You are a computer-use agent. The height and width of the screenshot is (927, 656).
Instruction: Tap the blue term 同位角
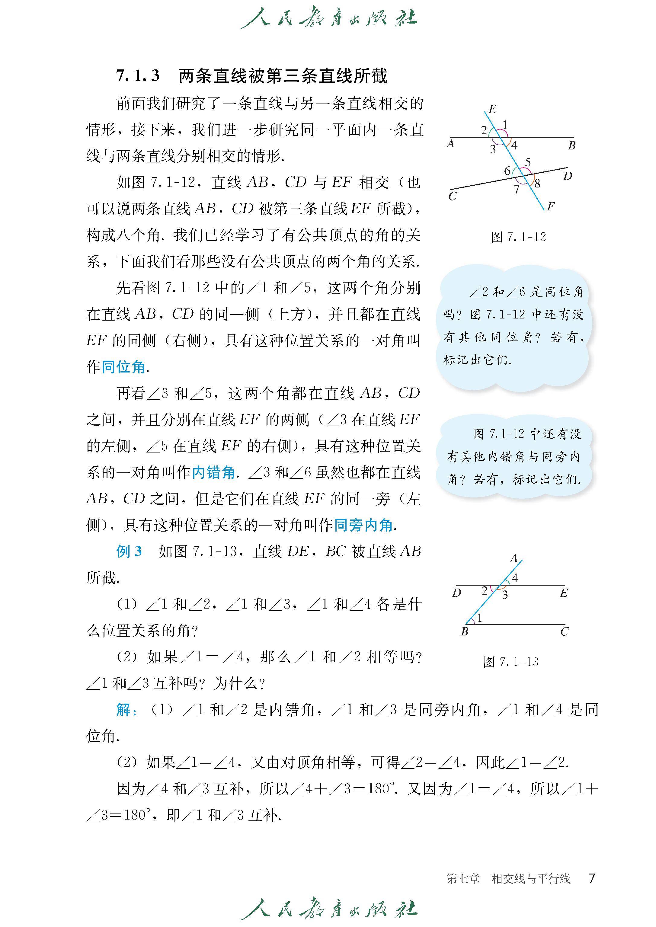point(123,367)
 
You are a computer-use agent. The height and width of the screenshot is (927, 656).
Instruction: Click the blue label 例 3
point(129,551)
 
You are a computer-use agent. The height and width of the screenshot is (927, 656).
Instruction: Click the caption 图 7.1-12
point(518,237)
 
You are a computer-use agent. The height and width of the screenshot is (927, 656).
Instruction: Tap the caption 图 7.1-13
point(511,662)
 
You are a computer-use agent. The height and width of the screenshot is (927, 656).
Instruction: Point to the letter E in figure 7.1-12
point(492,109)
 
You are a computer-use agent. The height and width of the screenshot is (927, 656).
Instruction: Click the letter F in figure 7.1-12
point(551,207)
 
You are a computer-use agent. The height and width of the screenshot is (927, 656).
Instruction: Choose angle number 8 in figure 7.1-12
point(537,184)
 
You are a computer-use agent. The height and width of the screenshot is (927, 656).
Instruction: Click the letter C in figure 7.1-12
point(453,196)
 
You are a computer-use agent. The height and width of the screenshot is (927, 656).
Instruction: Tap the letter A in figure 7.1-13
point(514,558)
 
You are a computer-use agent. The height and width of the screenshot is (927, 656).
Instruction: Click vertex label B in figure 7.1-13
point(465,631)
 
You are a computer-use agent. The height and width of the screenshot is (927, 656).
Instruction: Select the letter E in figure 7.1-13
point(564,593)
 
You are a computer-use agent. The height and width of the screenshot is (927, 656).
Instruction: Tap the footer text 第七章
point(463,878)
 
